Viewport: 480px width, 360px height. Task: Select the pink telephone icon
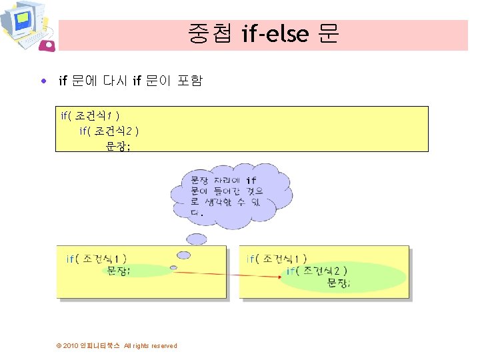coord(48,45)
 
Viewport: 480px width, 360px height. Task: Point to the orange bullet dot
coord(44,81)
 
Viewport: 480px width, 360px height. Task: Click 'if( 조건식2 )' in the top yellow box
coord(109,131)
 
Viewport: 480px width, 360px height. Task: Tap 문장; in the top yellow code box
coord(118,146)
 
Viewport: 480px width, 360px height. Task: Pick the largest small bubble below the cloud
coord(196,239)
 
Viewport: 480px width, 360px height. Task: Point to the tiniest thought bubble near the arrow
coord(173,267)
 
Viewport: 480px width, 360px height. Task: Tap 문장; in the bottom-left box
coord(119,271)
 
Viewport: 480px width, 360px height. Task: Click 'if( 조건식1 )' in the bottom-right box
coord(277,259)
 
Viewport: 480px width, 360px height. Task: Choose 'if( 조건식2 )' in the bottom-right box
coord(317,271)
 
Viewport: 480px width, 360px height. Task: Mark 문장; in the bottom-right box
coord(339,283)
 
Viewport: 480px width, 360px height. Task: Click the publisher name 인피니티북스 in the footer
coord(100,345)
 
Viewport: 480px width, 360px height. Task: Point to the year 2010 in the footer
coord(71,345)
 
